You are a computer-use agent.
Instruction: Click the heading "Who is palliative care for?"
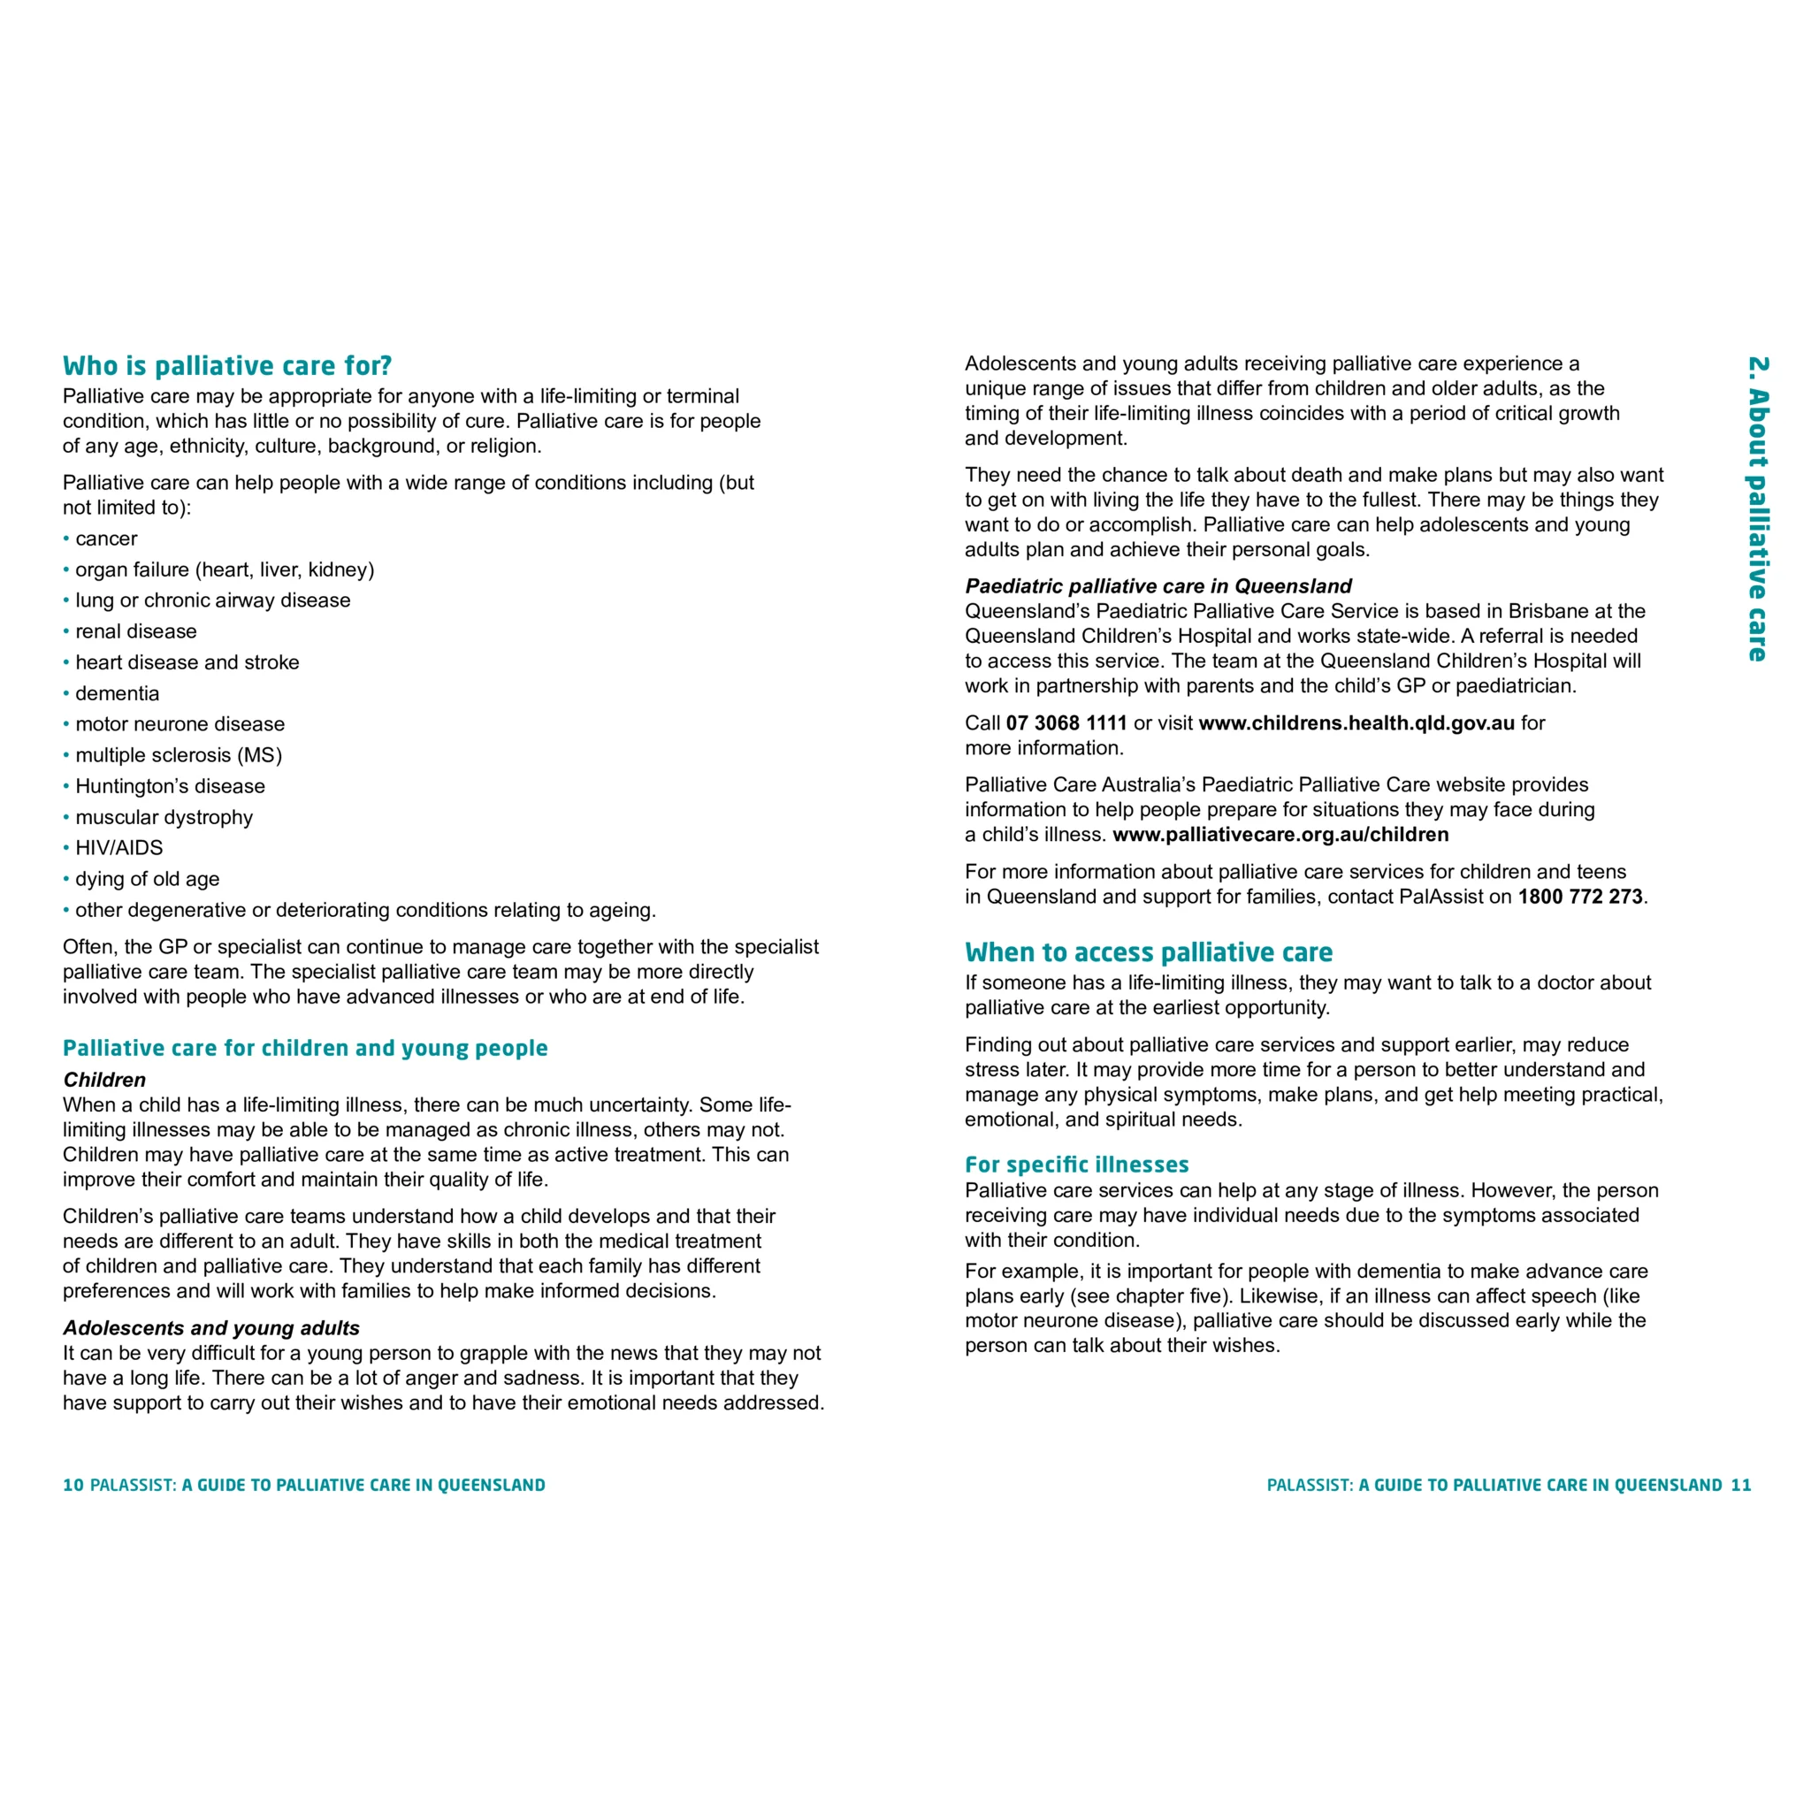pyautogui.click(x=227, y=365)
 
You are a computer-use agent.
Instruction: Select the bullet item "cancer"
pyautogui.click(x=106, y=539)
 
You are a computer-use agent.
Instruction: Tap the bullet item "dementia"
pyautogui.click(x=118, y=693)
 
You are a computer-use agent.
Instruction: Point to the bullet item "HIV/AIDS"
pyautogui.click(x=119, y=848)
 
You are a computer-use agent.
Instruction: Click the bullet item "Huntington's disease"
pyautogui.click(x=170, y=786)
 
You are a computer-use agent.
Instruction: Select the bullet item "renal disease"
pyautogui.click(x=136, y=631)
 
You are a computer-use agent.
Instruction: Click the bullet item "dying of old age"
pyautogui.click(x=147, y=879)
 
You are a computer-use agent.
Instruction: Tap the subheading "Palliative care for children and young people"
pyautogui.click(x=305, y=1048)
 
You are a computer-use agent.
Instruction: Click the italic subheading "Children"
pyautogui.click(x=104, y=1080)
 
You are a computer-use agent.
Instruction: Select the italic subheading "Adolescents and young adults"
pyautogui.click(x=211, y=1328)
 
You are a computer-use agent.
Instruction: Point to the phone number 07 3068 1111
pyautogui.click(x=1066, y=722)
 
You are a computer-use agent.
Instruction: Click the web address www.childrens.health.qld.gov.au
pyautogui.click(x=1356, y=722)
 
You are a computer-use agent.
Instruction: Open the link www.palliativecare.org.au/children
pyautogui.click(x=1280, y=834)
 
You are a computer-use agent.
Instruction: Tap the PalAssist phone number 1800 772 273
pyautogui.click(x=1579, y=897)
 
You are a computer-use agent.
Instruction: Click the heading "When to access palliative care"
pyautogui.click(x=1149, y=952)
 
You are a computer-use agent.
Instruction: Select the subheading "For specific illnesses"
pyautogui.click(x=1076, y=1165)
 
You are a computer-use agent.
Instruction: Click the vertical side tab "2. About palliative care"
pyautogui.click(x=1758, y=509)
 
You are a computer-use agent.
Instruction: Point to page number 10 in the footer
pyautogui.click(x=73, y=1485)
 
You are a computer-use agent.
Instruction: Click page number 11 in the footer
pyautogui.click(x=1740, y=1485)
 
